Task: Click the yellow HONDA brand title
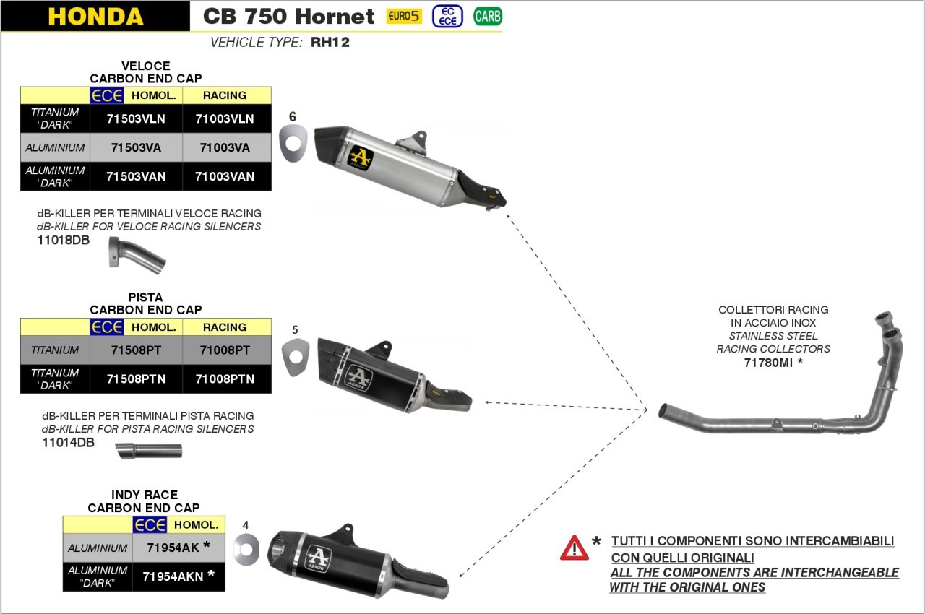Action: pos(95,17)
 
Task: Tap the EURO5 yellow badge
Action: pos(404,16)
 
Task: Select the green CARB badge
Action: pos(488,16)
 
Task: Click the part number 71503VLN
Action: pos(136,119)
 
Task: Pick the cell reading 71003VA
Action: pos(225,148)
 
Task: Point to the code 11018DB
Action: pos(64,240)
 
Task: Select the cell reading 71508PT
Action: pos(135,350)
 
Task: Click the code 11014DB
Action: pos(68,443)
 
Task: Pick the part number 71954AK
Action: pos(173,548)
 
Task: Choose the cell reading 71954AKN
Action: pos(173,576)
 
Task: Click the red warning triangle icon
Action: pos(574,548)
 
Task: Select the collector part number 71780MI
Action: pos(769,363)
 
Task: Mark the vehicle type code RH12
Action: pos(330,43)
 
